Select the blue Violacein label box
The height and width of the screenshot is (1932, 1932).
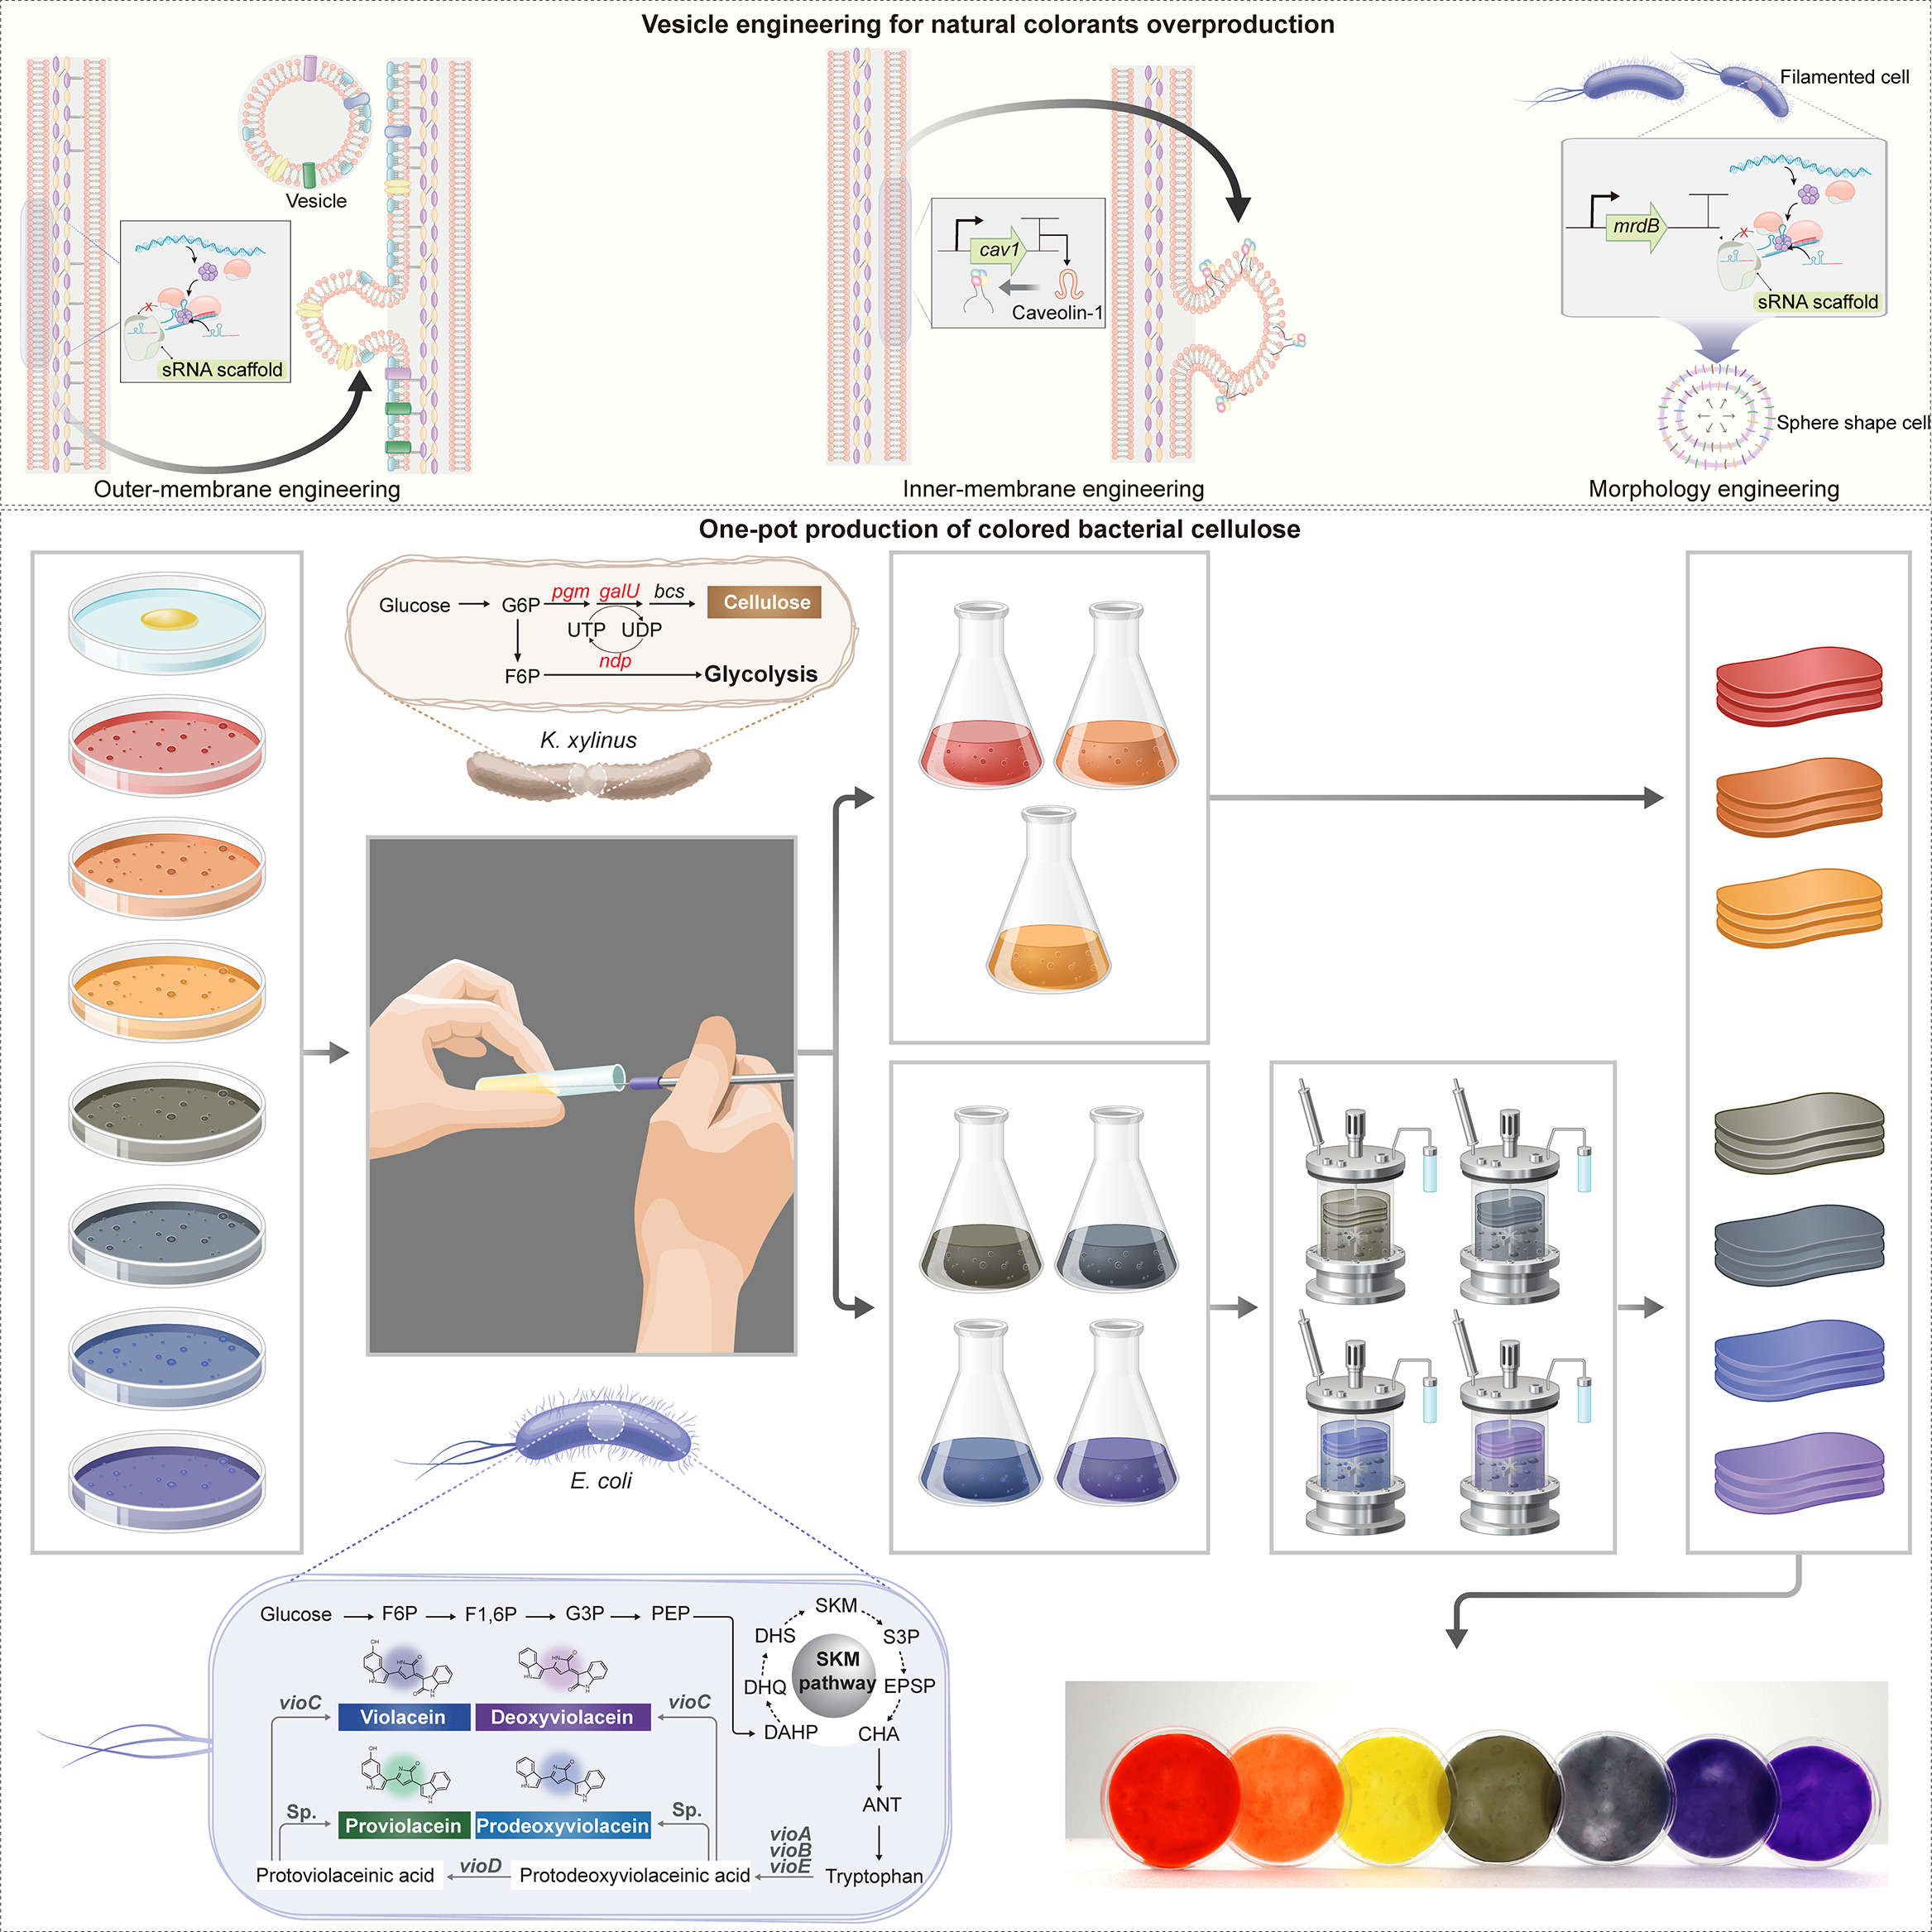click(403, 1717)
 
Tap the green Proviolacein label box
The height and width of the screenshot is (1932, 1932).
click(403, 1826)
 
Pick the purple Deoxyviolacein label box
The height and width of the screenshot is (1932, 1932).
click(562, 1717)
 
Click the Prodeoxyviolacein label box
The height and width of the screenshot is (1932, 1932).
click(562, 1826)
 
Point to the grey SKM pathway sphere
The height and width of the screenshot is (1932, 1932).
click(835, 1672)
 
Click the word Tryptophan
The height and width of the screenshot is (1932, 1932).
click(873, 1876)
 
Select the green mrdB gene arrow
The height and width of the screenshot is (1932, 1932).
click(1636, 226)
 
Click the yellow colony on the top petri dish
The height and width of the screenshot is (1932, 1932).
click(169, 620)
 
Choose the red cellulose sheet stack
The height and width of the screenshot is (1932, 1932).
click(1798, 685)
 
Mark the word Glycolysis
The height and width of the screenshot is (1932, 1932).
click(760, 674)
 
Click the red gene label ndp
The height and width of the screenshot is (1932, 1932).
click(615, 661)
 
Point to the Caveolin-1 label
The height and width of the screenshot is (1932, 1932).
click(1056, 313)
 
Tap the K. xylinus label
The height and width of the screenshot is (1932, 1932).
click(588, 740)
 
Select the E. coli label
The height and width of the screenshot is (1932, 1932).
click(601, 1481)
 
